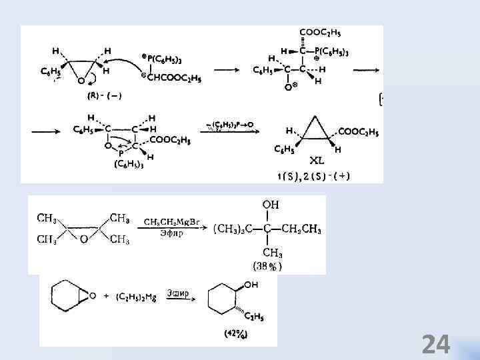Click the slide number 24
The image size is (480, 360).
[436, 345]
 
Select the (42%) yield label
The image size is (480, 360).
[237, 335]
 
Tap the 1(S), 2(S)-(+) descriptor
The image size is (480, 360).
[314, 176]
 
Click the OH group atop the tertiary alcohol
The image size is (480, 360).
[270, 204]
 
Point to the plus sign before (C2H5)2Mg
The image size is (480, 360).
[108, 296]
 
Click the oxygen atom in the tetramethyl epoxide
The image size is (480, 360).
[84, 239]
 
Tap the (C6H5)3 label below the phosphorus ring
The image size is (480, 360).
[129, 164]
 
